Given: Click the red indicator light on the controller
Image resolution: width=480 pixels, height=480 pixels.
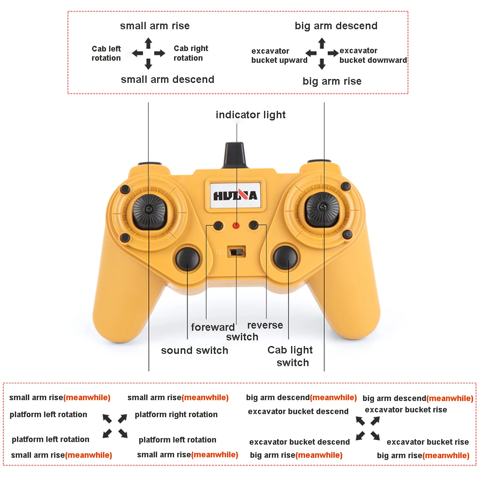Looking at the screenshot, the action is coord(236,226).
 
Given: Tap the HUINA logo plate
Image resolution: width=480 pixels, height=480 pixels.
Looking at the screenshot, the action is coord(235,195).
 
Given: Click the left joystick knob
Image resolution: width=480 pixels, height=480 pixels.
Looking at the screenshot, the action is coord(149,211).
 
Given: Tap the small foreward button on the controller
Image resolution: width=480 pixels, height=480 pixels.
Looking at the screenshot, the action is coord(218,226).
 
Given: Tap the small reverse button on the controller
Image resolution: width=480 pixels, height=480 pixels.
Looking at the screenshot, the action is coord(254,225).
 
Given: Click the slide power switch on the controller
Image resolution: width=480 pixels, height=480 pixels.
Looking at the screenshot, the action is coord(237,252).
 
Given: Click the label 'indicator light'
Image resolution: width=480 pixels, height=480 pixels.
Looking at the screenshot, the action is coord(250,115).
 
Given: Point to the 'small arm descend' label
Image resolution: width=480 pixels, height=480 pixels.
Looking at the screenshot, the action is coord(168,79).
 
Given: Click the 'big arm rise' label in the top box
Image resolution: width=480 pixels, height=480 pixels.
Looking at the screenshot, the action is coord(332,81).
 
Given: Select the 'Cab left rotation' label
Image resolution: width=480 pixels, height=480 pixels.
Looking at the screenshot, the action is coord(106,53).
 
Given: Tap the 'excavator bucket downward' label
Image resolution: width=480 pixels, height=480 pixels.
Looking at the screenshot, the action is coord(373,55).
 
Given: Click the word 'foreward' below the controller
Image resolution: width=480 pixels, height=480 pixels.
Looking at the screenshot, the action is coord(213,327).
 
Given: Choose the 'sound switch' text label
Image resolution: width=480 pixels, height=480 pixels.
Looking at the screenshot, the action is coord(195,350).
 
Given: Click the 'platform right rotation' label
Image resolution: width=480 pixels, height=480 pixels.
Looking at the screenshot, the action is coord(176,415).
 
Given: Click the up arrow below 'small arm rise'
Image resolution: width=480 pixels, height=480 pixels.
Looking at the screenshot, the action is coord(148,43).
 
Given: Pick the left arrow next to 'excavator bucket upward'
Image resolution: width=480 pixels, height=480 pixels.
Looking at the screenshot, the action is coord(311,53).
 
